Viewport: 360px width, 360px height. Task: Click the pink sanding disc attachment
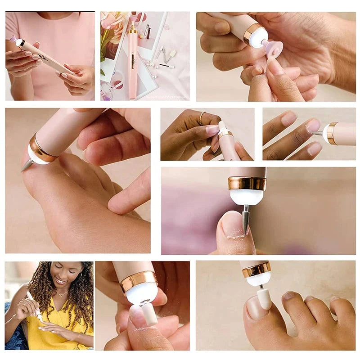point(274,48)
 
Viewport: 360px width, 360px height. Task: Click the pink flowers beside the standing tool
point(111,25)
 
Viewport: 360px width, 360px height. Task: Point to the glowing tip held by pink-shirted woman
point(18,42)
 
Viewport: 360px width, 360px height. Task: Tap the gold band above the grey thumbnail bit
point(247,183)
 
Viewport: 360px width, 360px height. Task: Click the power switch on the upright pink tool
point(133,58)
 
